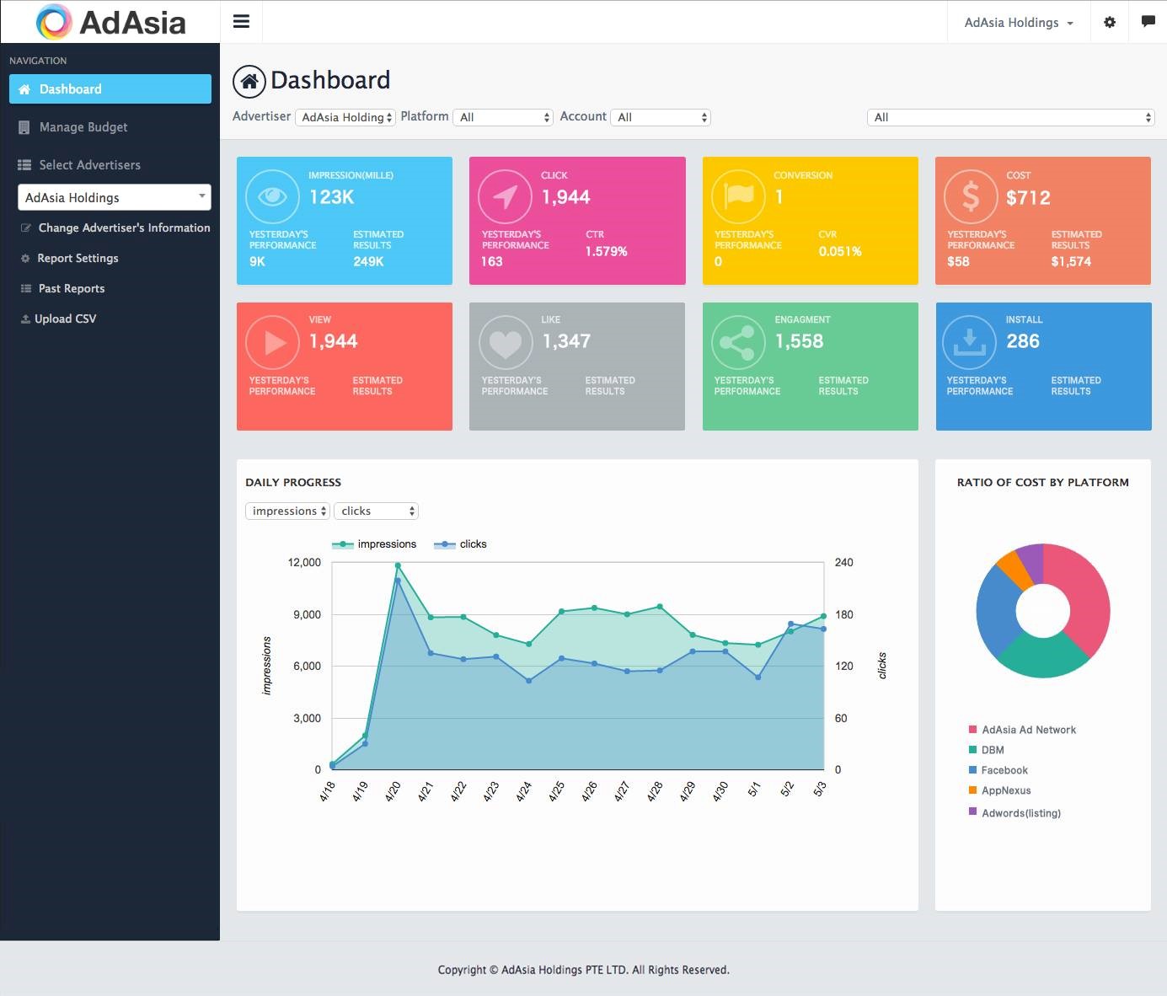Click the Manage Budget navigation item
coord(83,127)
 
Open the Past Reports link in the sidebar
coord(71,288)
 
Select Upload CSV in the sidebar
coord(65,319)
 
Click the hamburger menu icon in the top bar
coord(241,22)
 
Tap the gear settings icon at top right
coord(1110,23)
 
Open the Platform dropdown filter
coord(503,117)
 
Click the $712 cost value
coord(1028,198)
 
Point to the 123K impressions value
coord(331,197)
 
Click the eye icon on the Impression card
coord(272,196)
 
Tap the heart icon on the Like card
coord(506,343)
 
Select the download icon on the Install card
coord(969,342)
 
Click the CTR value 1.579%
coord(606,251)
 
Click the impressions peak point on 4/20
coord(398,565)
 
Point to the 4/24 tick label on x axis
coord(524,791)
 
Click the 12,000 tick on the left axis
coord(304,562)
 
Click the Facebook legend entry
coord(1004,770)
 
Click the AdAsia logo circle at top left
coord(54,22)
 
